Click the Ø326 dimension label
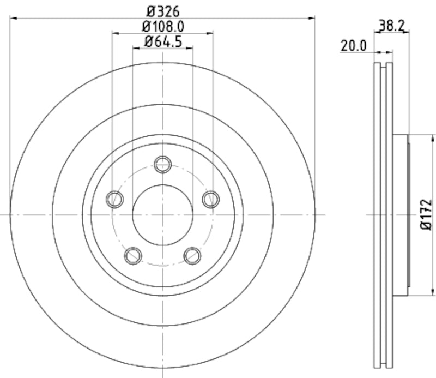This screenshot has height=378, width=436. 163,10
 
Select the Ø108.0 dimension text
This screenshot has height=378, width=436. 163,26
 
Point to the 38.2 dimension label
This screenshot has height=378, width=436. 391,25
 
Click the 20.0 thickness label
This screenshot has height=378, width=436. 353,46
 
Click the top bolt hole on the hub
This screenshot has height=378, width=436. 163,164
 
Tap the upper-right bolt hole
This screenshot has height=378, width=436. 211,199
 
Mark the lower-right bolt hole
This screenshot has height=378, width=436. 192,255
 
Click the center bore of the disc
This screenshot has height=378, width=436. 163,215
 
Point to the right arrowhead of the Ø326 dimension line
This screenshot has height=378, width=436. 312,19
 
